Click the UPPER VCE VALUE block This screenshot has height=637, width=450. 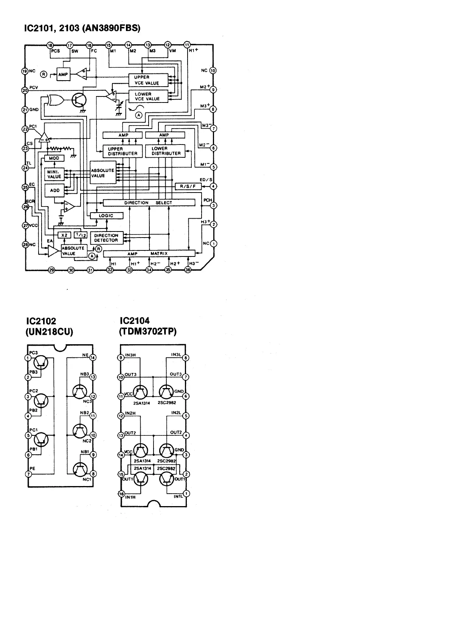tap(148, 80)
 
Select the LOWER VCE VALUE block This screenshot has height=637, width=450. tap(148, 96)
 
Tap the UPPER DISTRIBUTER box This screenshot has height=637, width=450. tap(123, 151)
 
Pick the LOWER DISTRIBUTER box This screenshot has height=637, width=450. tap(165, 151)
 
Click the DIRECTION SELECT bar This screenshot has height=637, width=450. tap(149, 203)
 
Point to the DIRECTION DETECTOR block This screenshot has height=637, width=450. tap(106, 238)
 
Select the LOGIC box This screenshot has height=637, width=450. tap(107, 216)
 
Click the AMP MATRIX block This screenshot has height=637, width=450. tap(149, 253)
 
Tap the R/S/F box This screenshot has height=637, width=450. tap(188, 186)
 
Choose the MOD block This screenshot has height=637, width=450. tap(54, 158)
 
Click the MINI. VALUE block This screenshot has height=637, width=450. tap(54, 174)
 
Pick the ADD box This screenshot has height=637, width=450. tap(54, 190)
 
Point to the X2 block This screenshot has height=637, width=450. tap(64, 235)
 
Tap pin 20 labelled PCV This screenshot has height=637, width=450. tap(25, 90)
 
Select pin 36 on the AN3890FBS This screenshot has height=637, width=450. tap(188, 270)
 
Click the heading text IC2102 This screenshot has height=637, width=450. tap(42, 321)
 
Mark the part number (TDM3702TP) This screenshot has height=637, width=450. tap(148, 332)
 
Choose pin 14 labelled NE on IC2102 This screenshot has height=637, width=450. tap(93, 357)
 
